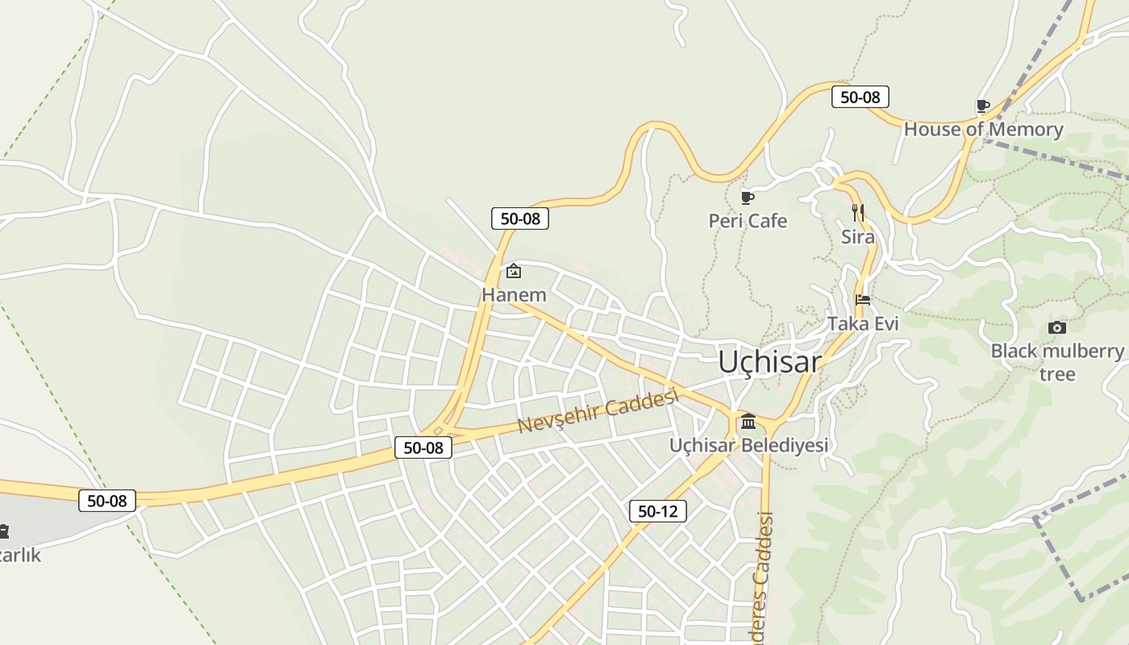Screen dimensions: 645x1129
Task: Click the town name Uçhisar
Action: coord(769,362)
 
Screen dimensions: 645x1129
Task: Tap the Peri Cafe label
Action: coord(748,221)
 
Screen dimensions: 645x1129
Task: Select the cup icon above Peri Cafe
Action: coord(748,198)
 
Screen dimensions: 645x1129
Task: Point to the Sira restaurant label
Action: coord(857,237)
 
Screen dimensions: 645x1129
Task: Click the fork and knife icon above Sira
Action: coord(858,213)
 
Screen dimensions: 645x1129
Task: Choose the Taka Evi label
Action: coord(863,323)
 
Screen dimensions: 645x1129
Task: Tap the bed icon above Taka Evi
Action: coord(863,300)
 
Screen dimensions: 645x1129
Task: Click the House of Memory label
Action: coord(983,129)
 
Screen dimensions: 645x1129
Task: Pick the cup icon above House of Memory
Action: coord(982,106)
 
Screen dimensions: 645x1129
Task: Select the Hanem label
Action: coord(514,295)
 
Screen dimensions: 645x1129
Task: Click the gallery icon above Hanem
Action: coord(514,271)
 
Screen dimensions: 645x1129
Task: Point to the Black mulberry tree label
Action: coord(1056,362)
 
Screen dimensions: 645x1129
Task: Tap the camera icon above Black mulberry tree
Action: coord(1056,327)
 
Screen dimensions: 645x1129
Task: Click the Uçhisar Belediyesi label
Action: coord(748,445)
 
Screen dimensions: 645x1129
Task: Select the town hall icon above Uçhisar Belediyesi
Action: coord(748,422)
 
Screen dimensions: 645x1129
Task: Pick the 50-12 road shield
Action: coord(657,511)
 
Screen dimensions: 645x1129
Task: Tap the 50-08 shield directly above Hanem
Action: coord(520,218)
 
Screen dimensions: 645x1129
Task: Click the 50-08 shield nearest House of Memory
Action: coord(860,98)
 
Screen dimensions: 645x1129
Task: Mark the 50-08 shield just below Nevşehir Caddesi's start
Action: coord(423,447)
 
